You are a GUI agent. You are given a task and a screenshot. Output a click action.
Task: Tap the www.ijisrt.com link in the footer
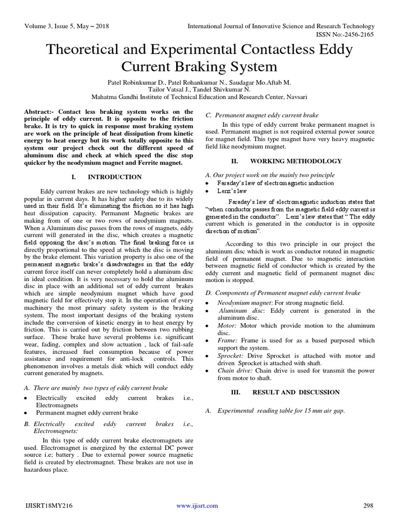[197, 506]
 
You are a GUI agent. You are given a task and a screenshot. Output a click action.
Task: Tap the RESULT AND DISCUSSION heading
[296, 392]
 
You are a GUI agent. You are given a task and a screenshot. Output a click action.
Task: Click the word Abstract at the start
[39, 112]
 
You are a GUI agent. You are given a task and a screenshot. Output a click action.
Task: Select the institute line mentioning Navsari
[199, 97]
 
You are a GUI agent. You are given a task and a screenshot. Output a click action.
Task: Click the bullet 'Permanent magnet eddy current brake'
[87, 413]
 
